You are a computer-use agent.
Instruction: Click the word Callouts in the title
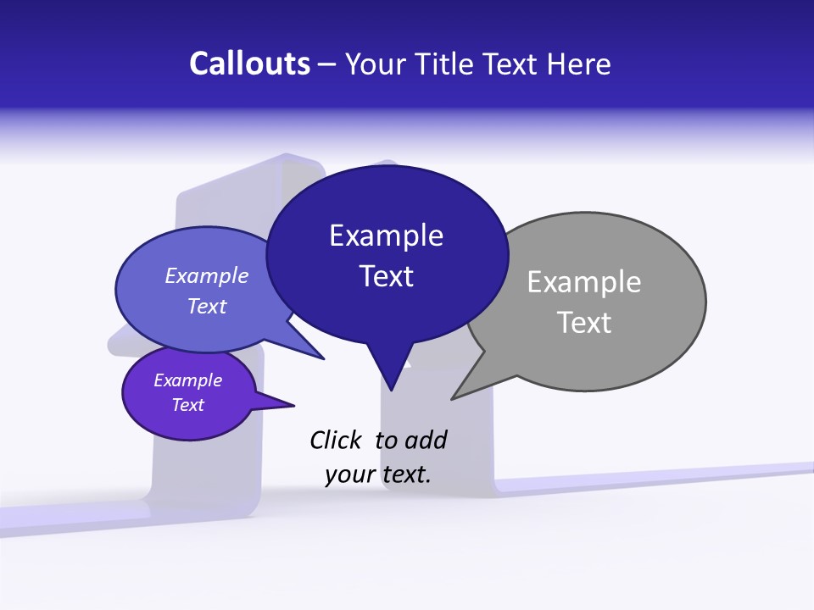click(x=250, y=64)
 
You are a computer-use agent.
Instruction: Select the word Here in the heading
click(x=578, y=64)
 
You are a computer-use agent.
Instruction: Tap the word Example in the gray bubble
click(x=584, y=281)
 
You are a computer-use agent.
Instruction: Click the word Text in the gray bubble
click(x=584, y=323)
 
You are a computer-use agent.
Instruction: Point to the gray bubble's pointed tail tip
click(x=453, y=398)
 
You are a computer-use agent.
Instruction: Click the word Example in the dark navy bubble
click(x=386, y=236)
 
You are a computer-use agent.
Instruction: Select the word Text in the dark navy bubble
click(x=386, y=276)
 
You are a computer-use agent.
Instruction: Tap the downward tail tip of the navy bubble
click(x=391, y=391)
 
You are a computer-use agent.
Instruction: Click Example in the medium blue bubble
click(x=207, y=275)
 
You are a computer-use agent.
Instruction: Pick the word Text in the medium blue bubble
click(x=207, y=306)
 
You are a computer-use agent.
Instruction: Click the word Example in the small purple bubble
click(x=187, y=380)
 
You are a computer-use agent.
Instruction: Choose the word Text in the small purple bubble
click(x=187, y=405)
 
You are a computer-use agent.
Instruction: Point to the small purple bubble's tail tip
click(x=293, y=404)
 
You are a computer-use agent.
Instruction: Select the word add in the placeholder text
click(x=426, y=440)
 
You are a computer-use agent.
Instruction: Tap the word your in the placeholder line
click(x=350, y=474)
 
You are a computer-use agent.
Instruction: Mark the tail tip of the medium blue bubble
click(x=324, y=359)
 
